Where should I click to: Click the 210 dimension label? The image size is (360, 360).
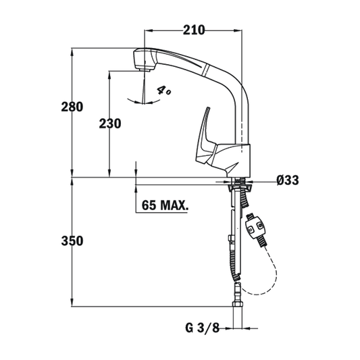(x=194, y=30)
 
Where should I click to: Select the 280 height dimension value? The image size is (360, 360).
(x=72, y=107)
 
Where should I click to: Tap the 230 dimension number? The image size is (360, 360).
(x=110, y=124)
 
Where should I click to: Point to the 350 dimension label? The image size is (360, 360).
(x=72, y=241)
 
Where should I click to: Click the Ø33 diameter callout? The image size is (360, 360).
(x=288, y=180)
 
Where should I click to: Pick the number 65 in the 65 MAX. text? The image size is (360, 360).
(x=149, y=205)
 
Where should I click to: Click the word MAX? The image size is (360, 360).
(x=174, y=205)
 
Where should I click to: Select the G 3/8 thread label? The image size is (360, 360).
(x=202, y=328)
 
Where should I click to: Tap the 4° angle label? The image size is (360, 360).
(x=163, y=91)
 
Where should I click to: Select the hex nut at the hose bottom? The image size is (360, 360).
(x=238, y=305)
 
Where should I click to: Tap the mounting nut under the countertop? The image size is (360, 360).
(x=240, y=188)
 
